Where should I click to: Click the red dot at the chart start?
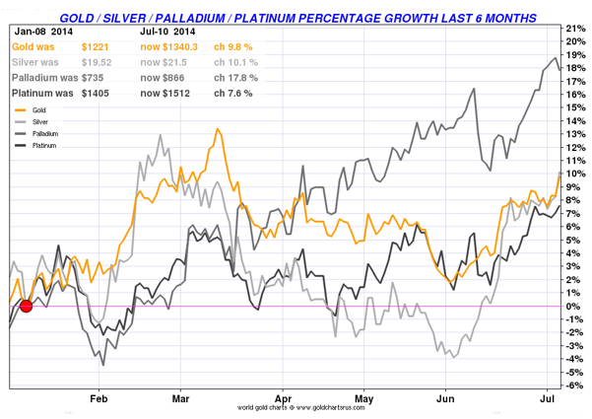27,307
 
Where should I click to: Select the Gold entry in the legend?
39,108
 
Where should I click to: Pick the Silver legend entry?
39,120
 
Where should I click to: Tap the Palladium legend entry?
43,132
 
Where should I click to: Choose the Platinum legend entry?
42,144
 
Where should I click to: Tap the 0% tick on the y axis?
574,307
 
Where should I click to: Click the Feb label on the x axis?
99,398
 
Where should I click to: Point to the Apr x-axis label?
284,398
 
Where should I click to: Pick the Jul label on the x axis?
549,398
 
